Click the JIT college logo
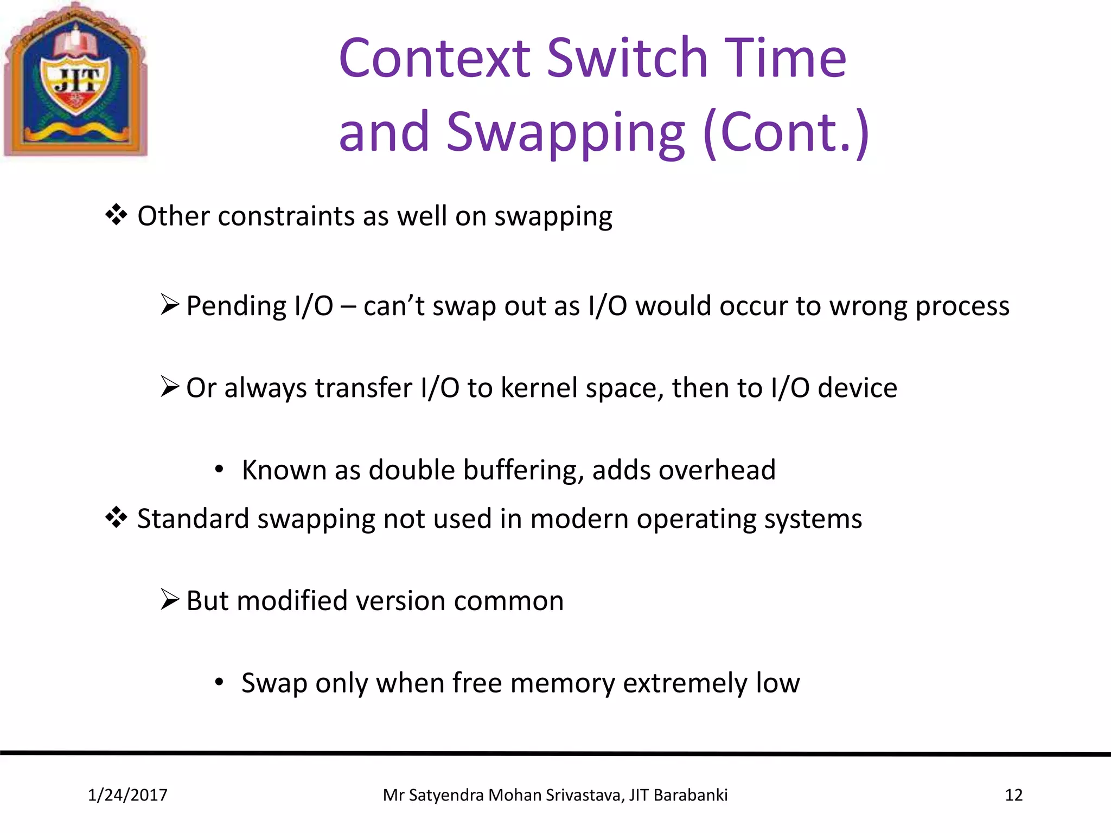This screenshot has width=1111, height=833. [x=76, y=80]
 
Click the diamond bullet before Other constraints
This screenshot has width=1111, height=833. [x=116, y=215]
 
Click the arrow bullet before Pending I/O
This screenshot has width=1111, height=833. [x=170, y=305]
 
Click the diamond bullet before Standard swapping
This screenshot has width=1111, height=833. [x=116, y=518]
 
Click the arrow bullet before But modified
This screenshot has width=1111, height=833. [x=170, y=600]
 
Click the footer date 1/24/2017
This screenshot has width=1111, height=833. [x=127, y=795]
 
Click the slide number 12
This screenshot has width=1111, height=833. [x=1013, y=795]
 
